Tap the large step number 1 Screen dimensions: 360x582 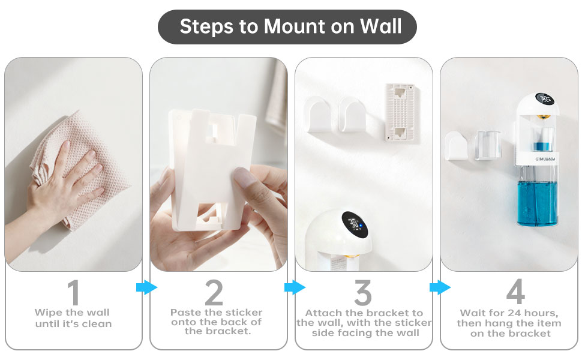pos(73,293)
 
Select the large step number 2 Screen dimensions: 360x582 pos(214,293)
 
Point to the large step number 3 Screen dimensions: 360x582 pos(362,293)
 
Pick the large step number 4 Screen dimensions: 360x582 pos(515,293)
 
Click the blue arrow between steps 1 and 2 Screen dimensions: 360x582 pos(146,288)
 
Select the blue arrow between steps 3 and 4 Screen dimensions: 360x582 pos(439,288)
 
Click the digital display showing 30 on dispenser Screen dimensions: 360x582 pos(545,100)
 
